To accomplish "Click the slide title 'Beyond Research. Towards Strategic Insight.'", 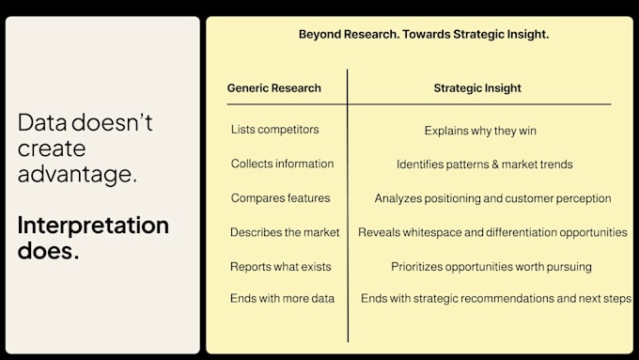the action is (x=424, y=34).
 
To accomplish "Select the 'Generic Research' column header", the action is (x=273, y=88).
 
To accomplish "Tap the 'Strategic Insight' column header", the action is (x=477, y=88).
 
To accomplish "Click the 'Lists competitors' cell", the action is (x=274, y=129).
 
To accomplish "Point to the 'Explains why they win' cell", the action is (x=480, y=131).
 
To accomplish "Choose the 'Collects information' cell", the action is (x=282, y=164).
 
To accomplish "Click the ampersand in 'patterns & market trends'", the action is (x=495, y=164).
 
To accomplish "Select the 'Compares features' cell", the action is (x=280, y=197).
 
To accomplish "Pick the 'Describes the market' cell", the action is (x=285, y=232).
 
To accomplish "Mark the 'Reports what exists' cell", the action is (x=280, y=266).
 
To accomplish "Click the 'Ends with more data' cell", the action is (x=282, y=298).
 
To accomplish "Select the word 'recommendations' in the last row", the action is (x=507, y=299).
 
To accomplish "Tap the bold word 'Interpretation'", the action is (x=93, y=226).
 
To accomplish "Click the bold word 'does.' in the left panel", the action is (x=48, y=250).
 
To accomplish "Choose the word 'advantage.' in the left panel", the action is (x=77, y=175).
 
